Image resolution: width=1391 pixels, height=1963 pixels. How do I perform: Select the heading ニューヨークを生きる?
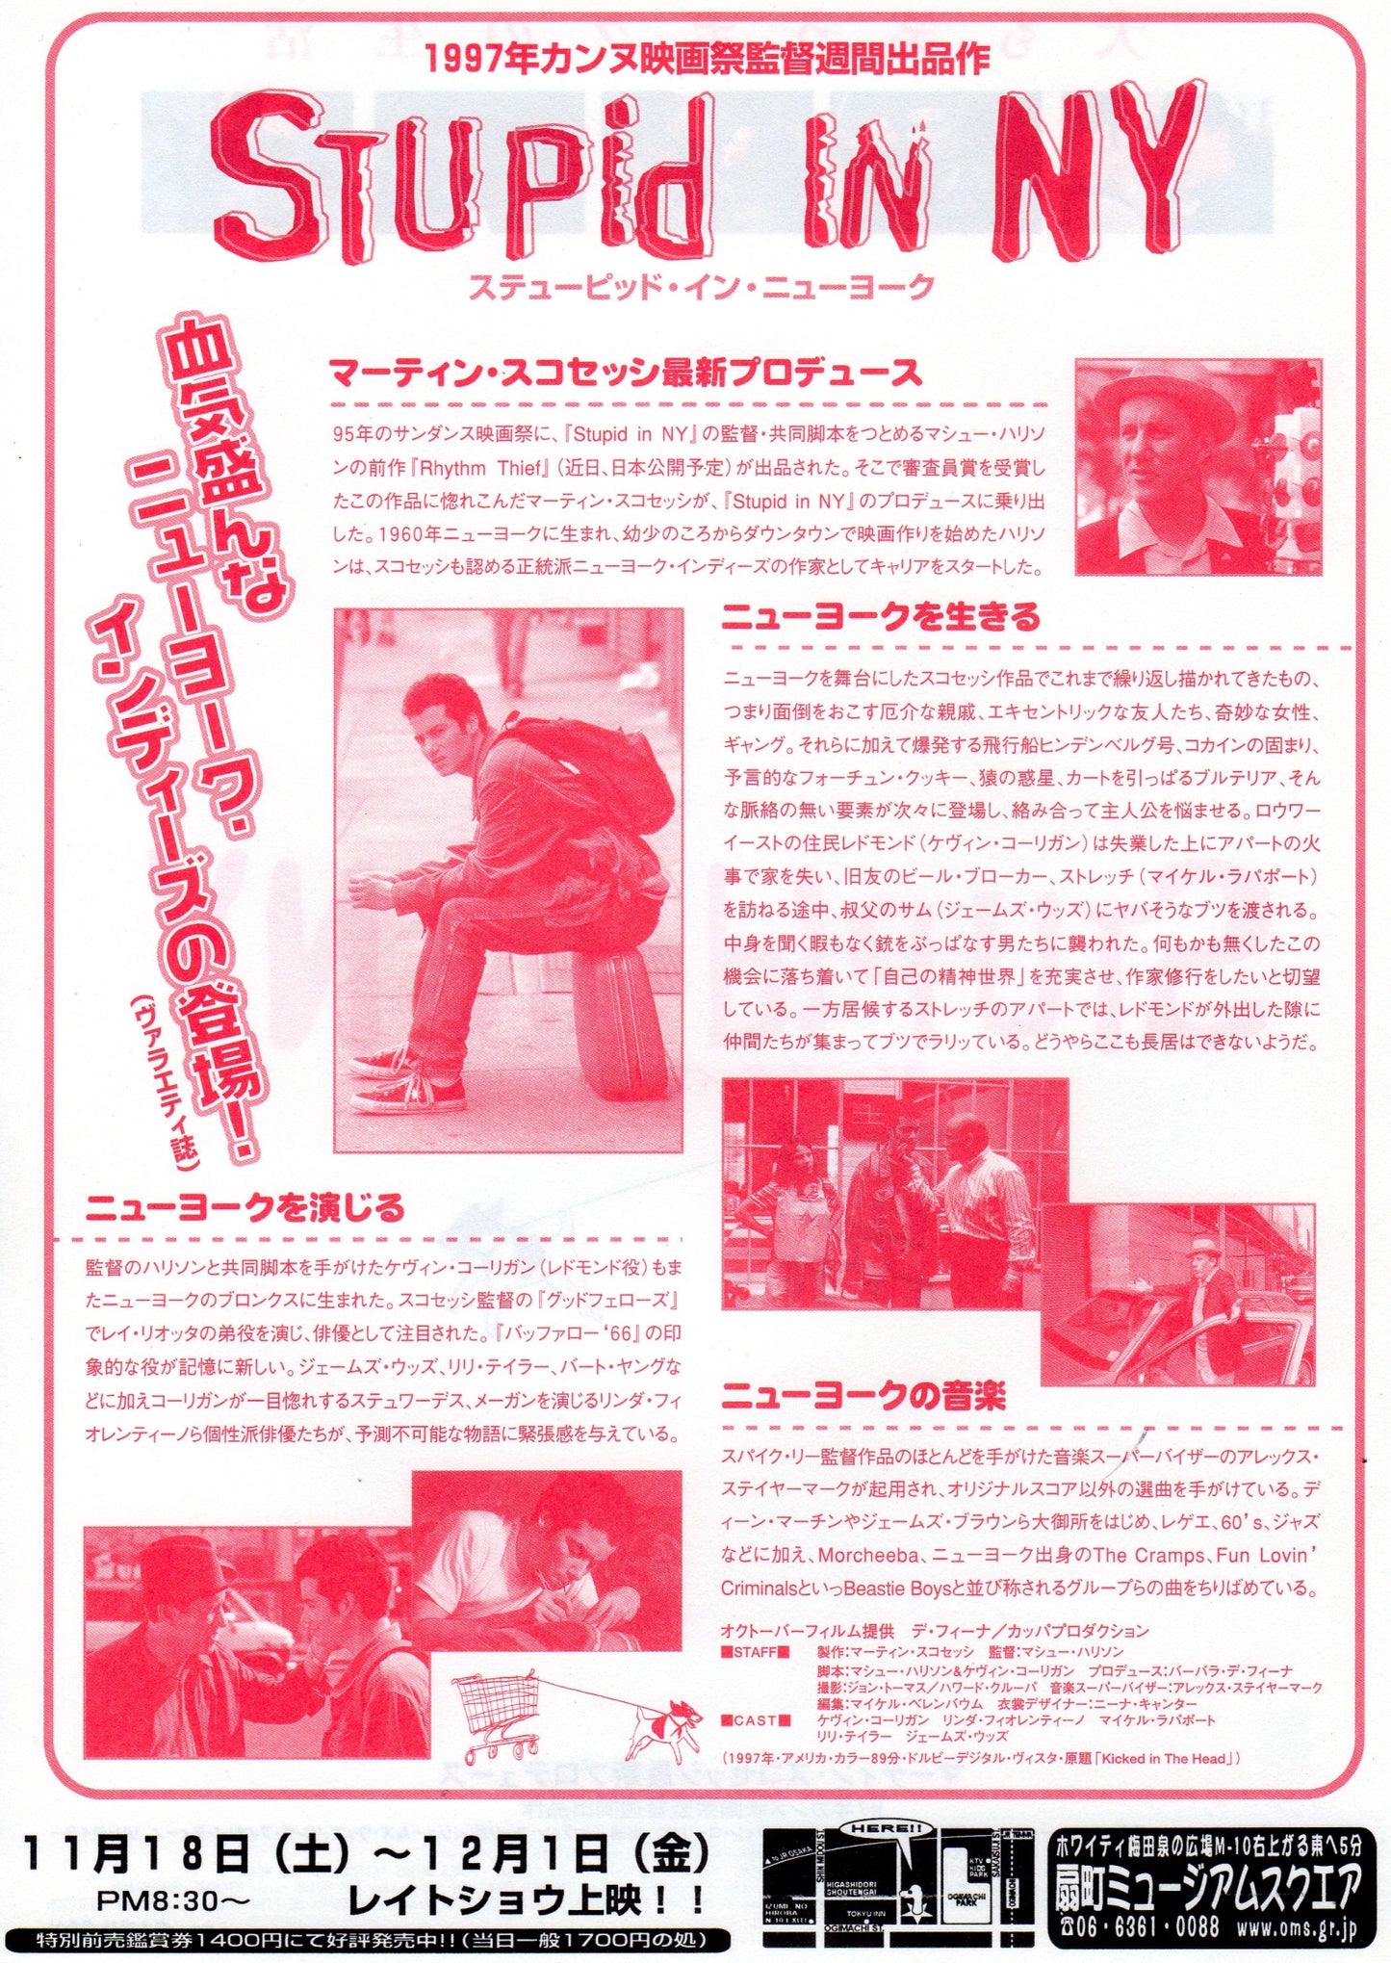(881, 616)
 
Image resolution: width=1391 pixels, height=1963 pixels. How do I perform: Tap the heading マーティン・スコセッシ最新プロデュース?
(625, 373)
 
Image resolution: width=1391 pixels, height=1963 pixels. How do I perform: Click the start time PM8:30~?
(174, 1899)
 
